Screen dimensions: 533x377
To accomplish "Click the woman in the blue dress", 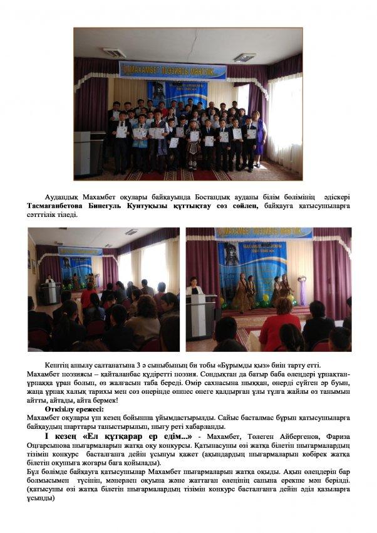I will [x=259, y=139].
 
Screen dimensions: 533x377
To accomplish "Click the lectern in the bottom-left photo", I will [x=49, y=291].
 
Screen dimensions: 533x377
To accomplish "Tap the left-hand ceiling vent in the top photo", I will [x=113, y=53].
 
